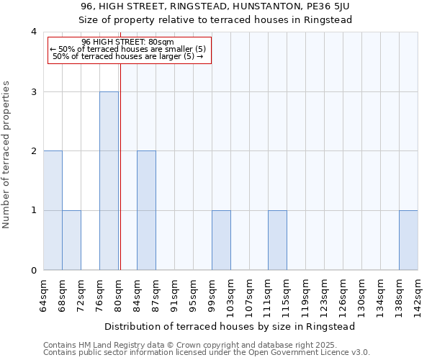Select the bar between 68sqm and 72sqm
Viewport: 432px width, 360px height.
click(71, 240)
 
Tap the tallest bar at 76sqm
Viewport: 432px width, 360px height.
click(109, 181)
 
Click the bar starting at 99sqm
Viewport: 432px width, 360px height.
click(221, 240)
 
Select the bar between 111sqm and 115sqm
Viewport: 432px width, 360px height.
click(277, 240)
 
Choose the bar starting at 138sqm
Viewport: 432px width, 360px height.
click(408, 240)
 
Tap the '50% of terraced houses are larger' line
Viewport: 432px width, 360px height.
click(129, 56)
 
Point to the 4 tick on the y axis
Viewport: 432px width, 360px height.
click(33, 32)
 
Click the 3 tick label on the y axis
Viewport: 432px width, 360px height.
click(33, 91)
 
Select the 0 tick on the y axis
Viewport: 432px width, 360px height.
click(33, 271)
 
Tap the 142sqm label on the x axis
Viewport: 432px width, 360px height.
click(418, 294)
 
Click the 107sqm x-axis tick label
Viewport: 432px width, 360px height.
click(249, 294)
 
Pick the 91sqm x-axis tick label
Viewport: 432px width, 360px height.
click(174, 294)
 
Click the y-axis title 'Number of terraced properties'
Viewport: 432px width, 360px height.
click(6, 154)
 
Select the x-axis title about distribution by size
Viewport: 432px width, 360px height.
click(230, 326)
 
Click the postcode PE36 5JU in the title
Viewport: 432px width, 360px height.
click(323, 6)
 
